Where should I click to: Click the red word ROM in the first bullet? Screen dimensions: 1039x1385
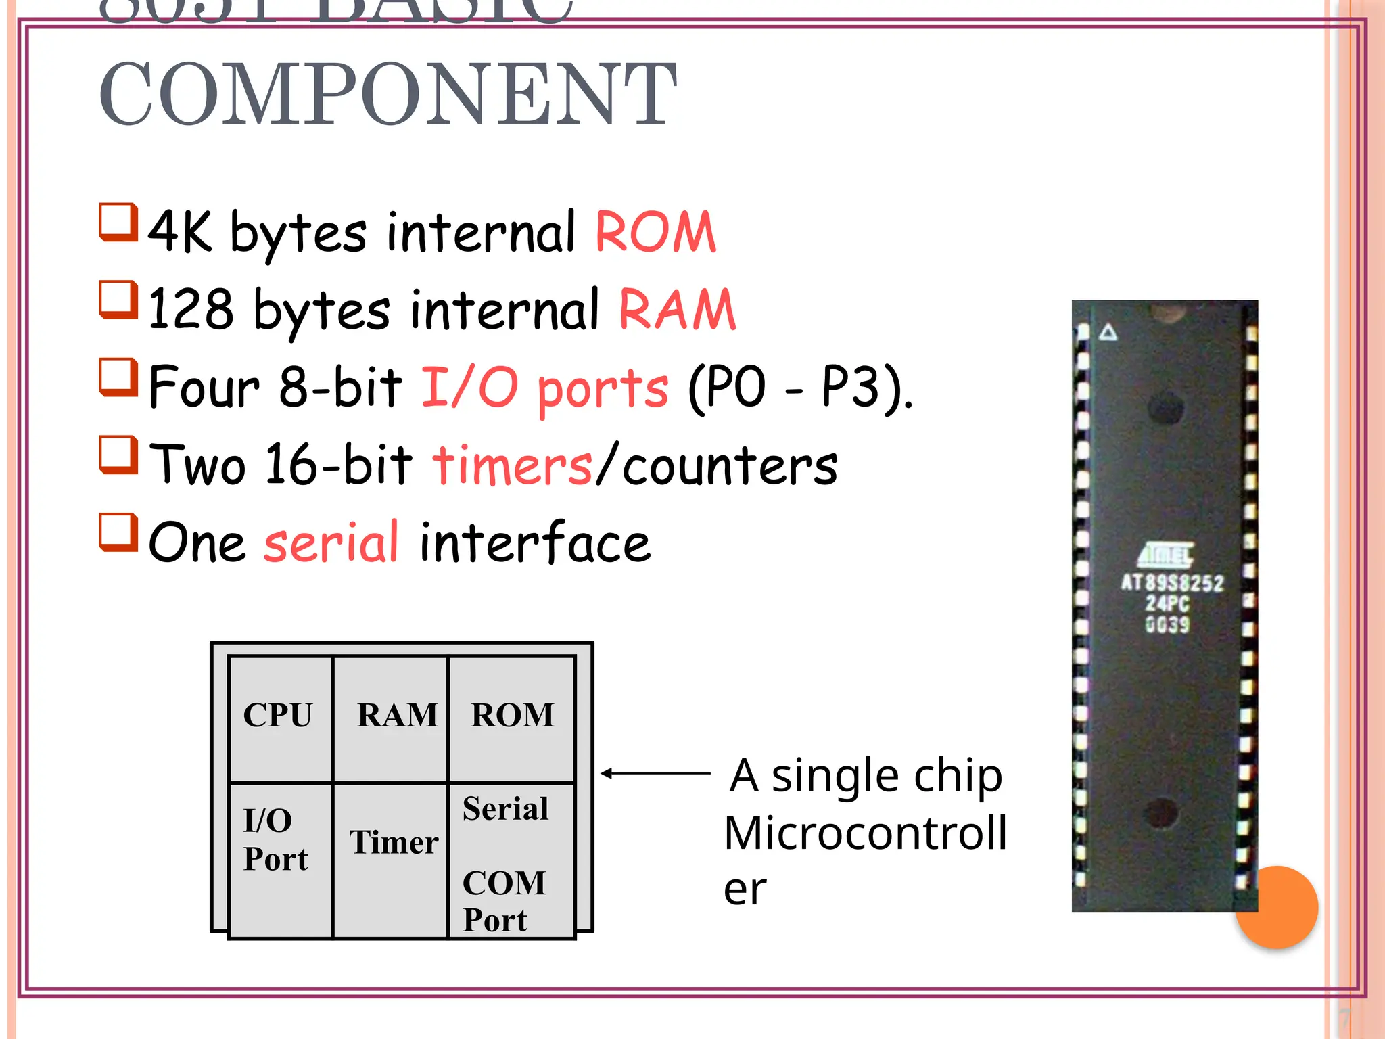coord(655,232)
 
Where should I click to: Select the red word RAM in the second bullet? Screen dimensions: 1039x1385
coord(677,310)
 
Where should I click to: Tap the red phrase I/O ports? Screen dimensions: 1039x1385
coord(545,388)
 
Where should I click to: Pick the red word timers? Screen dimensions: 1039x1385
coord(513,465)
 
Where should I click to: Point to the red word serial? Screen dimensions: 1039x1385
coord(331,542)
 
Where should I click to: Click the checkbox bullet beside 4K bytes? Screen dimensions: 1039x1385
coord(119,222)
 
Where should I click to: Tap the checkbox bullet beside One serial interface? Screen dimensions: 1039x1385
coord(119,532)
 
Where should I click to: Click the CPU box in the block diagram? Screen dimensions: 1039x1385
coord(279,717)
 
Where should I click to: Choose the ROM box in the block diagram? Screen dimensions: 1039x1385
coord(512,717)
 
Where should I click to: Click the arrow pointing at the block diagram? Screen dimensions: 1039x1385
coord(655,773)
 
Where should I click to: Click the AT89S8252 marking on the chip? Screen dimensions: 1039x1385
coord(1172,583)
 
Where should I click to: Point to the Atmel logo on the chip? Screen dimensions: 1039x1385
coord(1166,555)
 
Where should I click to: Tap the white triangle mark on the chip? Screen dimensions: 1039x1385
coord(1108,332)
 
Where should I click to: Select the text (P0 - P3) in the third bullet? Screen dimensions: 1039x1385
coord(798,388)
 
